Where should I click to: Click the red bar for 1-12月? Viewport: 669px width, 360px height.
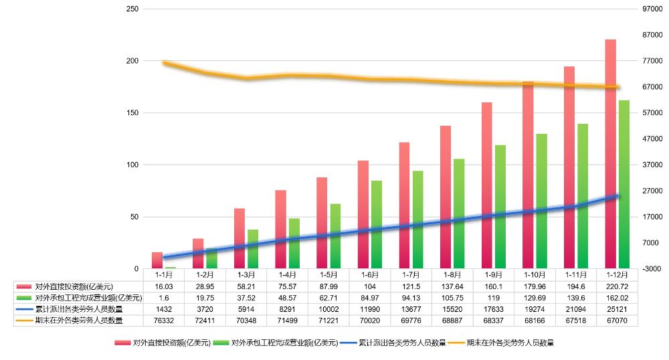[x=610, y=154]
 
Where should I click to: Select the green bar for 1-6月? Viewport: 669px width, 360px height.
[x=376, y=225]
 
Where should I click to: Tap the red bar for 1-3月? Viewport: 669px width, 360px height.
[x=240, y=238]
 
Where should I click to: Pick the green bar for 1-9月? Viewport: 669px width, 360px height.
[x=500, y=207]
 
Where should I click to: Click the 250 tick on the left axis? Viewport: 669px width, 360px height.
[x=132, y=9]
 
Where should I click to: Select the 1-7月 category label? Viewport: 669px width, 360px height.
[x=409, y=274]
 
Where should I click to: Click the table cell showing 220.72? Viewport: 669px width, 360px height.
[x=615, y=286]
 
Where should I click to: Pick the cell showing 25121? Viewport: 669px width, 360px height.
[x=615, y=309]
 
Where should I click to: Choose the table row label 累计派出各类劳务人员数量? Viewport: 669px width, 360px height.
[x=78, y=309]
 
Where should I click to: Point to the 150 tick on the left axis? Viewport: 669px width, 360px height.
[x=132, y=112]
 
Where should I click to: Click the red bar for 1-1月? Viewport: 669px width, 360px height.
[x=157, y=260]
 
